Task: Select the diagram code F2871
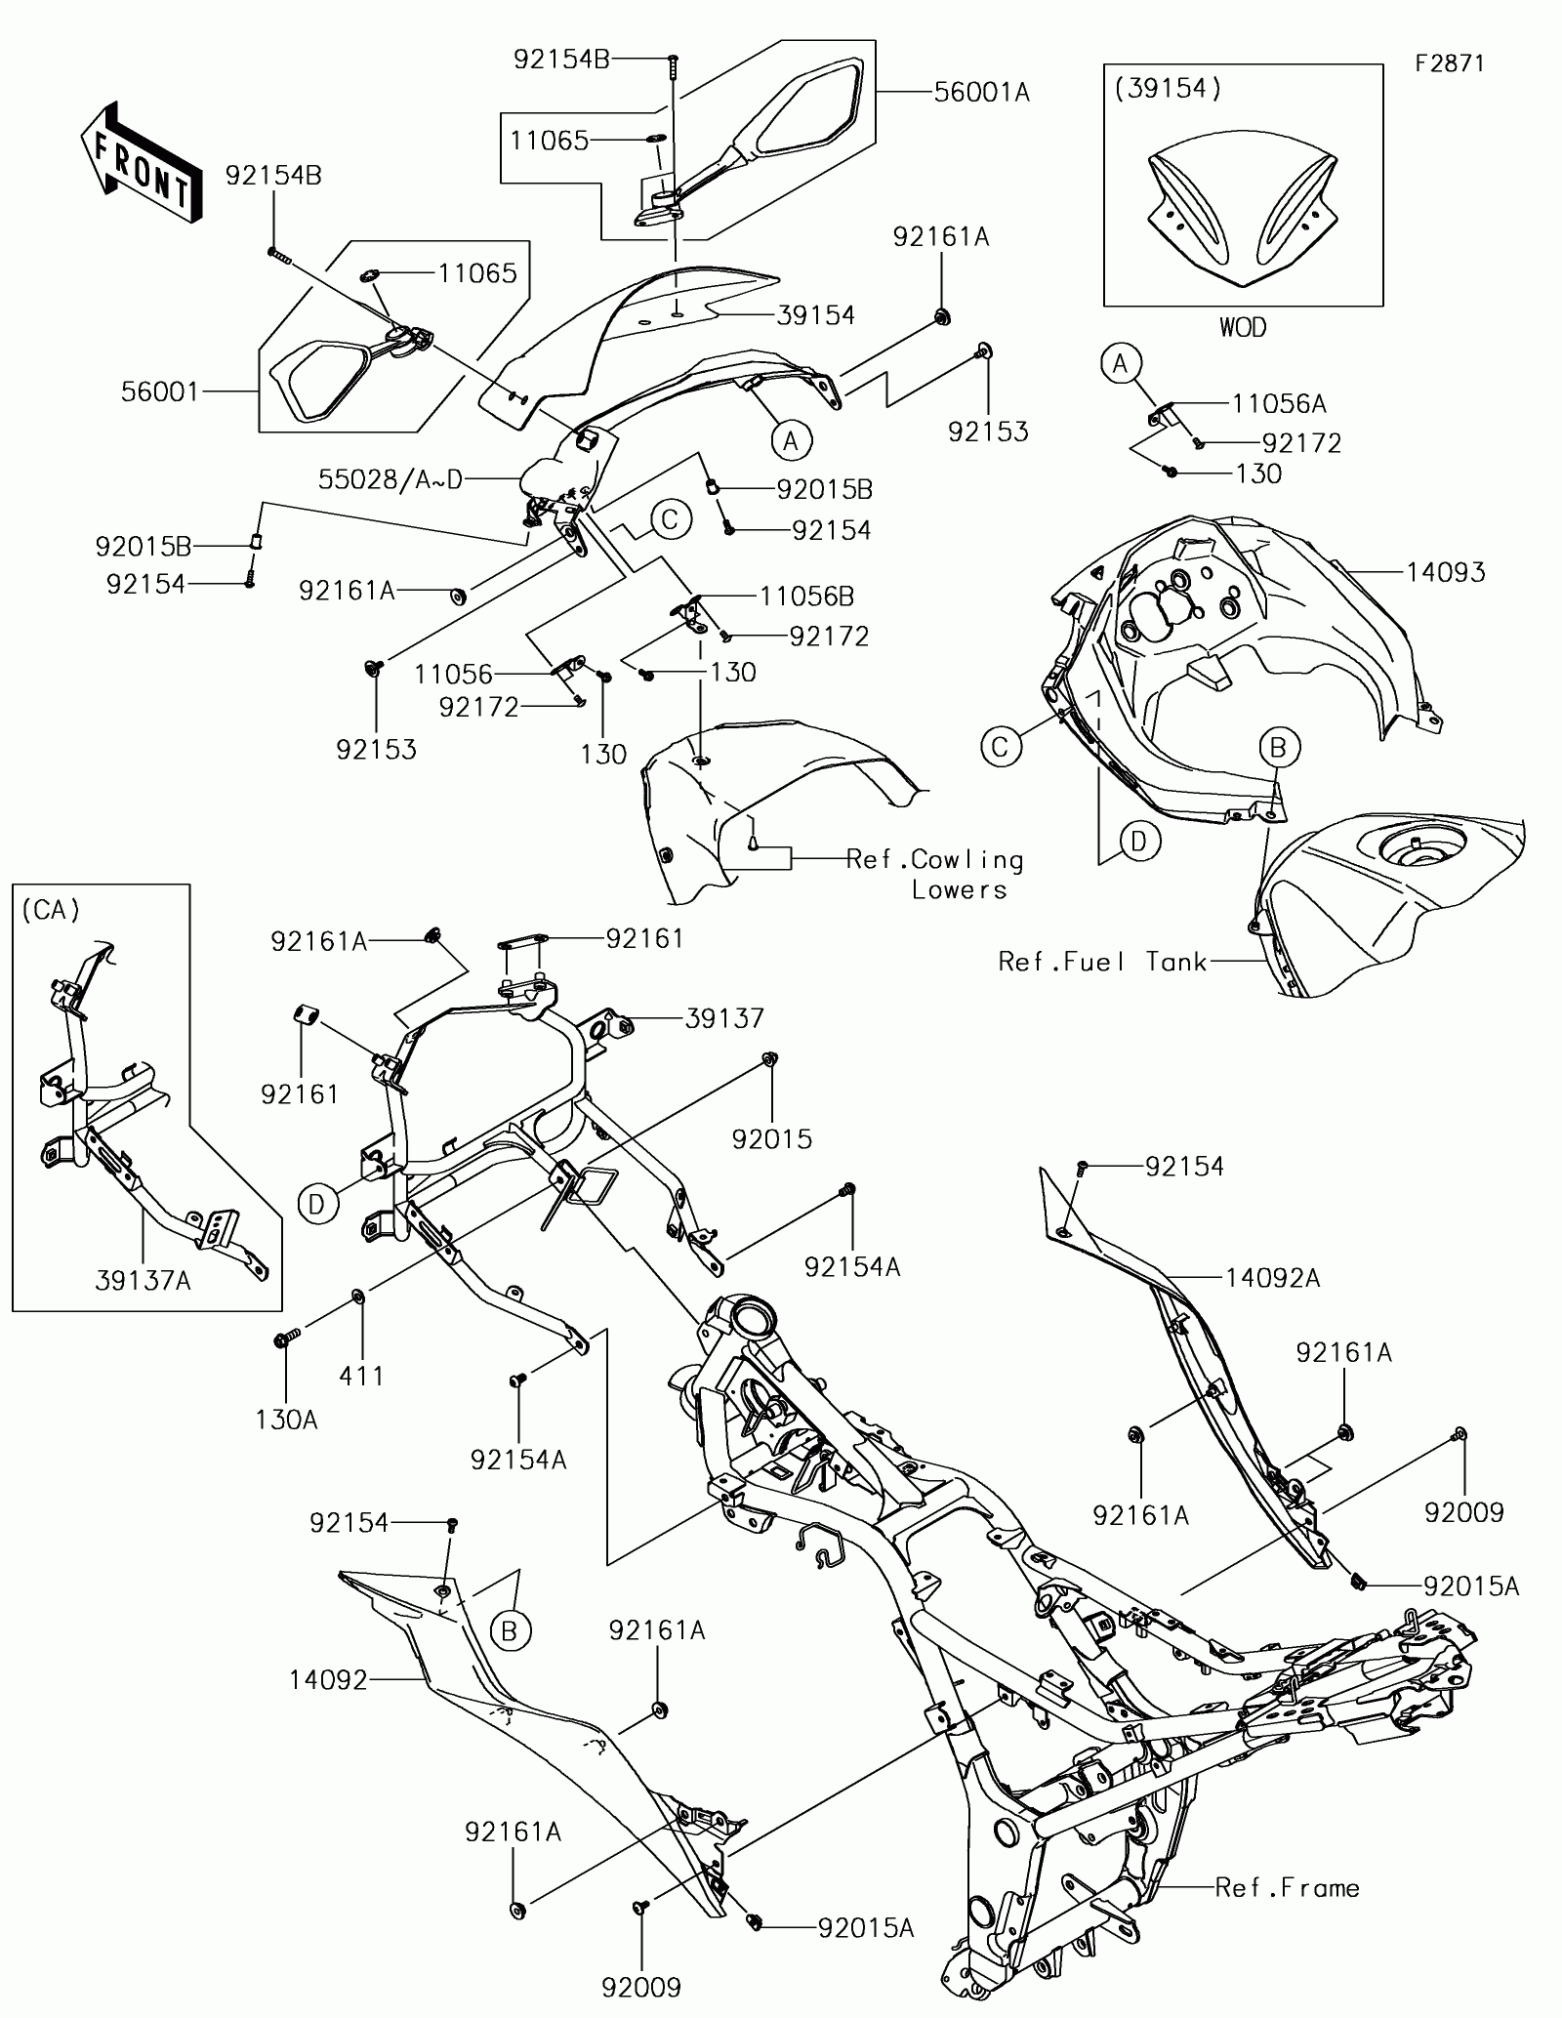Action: [x=1451, y=64]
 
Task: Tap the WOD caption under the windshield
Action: [x=1242, y=327]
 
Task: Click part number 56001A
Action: [x=981, y=93]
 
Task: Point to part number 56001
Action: [x=159, y=392]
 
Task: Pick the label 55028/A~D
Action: [x=390, y=479]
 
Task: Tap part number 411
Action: [x=361, y=1376]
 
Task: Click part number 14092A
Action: [x=1272, y=1277]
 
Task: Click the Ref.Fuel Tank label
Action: [x=1103, y=962]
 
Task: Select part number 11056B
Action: [x=807, y=596]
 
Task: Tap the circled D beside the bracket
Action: [x=315, y=1205]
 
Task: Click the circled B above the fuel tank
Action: [x=1278, y=748]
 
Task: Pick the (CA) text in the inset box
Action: [x=50, y=910]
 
